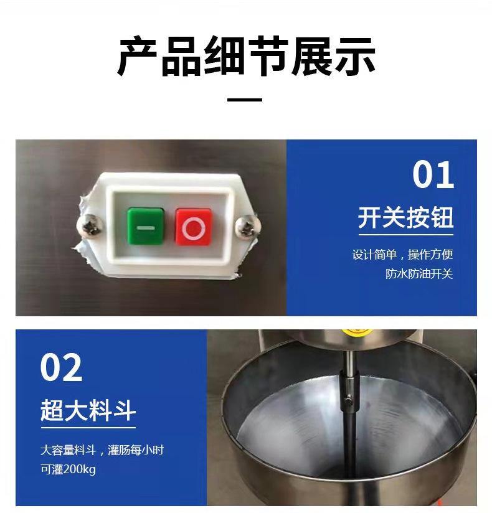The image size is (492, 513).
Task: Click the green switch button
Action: click(x=145, y=226)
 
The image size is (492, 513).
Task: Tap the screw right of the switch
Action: click(x=248, y=225)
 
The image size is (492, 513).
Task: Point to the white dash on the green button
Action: click(x=145, y=228)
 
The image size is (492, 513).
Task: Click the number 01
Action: click(x=433, y=175)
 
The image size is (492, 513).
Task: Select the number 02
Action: click(x=61, y=367)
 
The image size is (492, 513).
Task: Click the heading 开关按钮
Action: click(x=405, y=217)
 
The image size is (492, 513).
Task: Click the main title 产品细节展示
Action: click(x=246, y=56)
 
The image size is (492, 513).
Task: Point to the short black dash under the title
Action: click(x=245, y=100)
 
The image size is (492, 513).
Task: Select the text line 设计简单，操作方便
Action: click(x=402, y=255)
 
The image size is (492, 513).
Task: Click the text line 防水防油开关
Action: click(x=419, y=273)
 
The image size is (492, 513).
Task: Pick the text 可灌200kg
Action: click(x=68, y=469)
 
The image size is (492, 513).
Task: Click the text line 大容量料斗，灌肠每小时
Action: click(x=102, y=450)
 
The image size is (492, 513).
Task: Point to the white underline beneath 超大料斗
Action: click(x=88, y=427)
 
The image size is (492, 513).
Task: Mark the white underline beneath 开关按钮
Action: click(x=406, y=235)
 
